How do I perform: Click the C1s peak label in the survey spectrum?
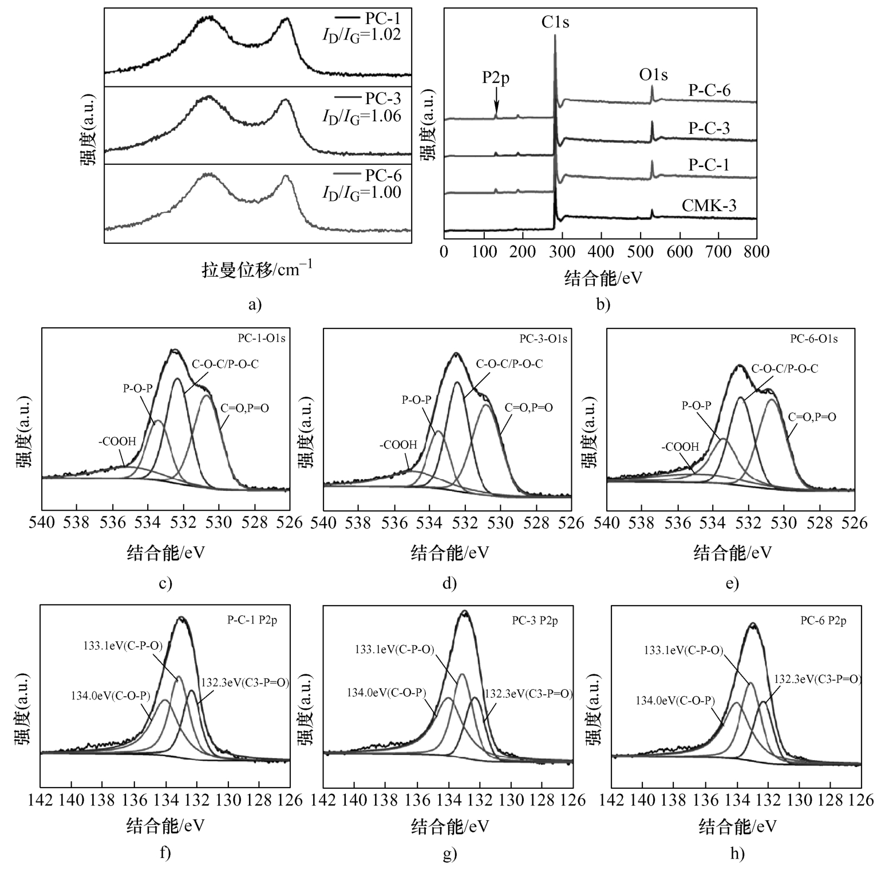click(555, 22)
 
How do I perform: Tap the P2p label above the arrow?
click(495, 78)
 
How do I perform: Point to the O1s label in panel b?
click(653, 75)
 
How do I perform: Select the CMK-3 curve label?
click(709, 205)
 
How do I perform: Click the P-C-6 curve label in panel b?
click(709, 90)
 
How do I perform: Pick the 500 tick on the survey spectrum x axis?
click(640, 252)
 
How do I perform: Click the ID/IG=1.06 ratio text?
click(362, 117)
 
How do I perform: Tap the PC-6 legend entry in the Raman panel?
click(383, 175)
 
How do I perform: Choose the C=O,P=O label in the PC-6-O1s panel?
click(812, 417)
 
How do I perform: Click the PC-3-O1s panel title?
click(543, 339)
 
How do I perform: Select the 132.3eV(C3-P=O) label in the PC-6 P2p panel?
click(817, 679)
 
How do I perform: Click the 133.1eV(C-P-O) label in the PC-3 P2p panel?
click(394, 649)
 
